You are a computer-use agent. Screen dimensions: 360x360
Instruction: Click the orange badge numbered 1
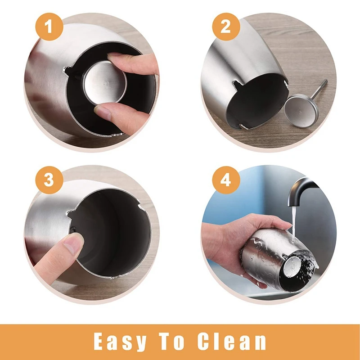tap(49, 27)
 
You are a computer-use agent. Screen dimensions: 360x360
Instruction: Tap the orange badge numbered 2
tap(226, 27)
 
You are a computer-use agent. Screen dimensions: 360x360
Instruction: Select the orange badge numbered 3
tap(49, 180)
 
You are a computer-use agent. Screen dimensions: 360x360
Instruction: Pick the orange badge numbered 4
tap(226, 180)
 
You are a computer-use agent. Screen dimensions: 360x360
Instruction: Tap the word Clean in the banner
tap(231, 342)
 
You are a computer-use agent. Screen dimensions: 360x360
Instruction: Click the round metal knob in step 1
tap(104, 82)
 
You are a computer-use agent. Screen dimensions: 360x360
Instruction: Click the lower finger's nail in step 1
tap(103, 112)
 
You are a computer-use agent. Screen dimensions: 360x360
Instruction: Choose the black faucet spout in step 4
tap(301, 190)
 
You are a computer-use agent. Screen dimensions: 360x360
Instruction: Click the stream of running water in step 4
tap(293, 223)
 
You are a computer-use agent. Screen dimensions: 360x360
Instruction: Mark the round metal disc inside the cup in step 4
tap(292, 267)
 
